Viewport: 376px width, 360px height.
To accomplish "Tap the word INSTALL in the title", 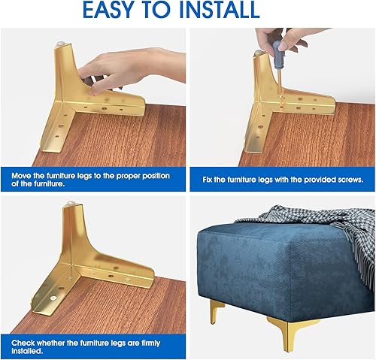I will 222,10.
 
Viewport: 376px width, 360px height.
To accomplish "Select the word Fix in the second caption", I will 208,180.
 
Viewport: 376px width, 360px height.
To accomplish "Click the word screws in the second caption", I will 348,180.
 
